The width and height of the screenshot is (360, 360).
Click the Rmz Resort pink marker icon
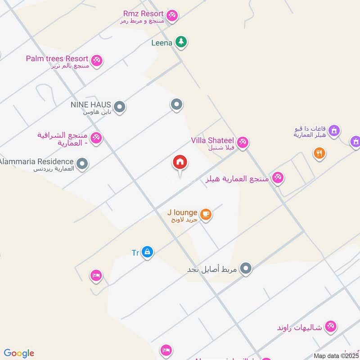tap(171, 16)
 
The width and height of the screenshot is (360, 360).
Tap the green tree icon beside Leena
tap(181, 42)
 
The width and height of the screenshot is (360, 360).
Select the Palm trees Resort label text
tap(57, 58)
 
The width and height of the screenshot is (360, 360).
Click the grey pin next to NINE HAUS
tap(119, 107)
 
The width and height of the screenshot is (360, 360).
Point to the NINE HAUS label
tap(90, 105)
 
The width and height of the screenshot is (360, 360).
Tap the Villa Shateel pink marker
tap(243, 142)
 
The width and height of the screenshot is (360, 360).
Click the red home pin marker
tap(180, 162)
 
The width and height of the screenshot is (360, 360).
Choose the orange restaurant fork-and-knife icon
tap(319, 153)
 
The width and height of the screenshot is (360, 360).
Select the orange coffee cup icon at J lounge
tap(206, 214)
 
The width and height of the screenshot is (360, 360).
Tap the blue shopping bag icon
tap(147, 252)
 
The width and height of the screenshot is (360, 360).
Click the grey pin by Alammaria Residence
tap(82, 164)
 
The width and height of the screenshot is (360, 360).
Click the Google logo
tap(19, 353)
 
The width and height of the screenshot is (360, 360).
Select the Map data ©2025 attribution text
tap(336, 355)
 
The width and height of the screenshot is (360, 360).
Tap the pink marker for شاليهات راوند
tap(331, 326)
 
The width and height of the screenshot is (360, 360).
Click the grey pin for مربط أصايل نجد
tap(245, 269)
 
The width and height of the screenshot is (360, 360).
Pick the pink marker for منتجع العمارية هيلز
tap(278, 178)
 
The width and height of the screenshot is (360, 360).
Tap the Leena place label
tap(162, 43)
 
